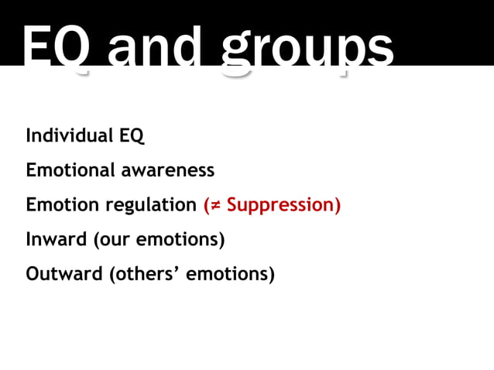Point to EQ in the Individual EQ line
coord(132,135)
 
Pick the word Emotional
coord(70,170)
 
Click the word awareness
coord(167,170)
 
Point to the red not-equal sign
coord(214,205)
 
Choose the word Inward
coord(57,239)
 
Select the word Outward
coord(63,274)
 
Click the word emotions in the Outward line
coord(229,274)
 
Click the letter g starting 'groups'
coord(238,54)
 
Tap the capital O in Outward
coord(33,274)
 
